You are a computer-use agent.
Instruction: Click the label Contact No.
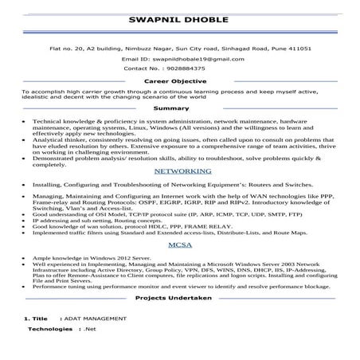click(x=141, y=68)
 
